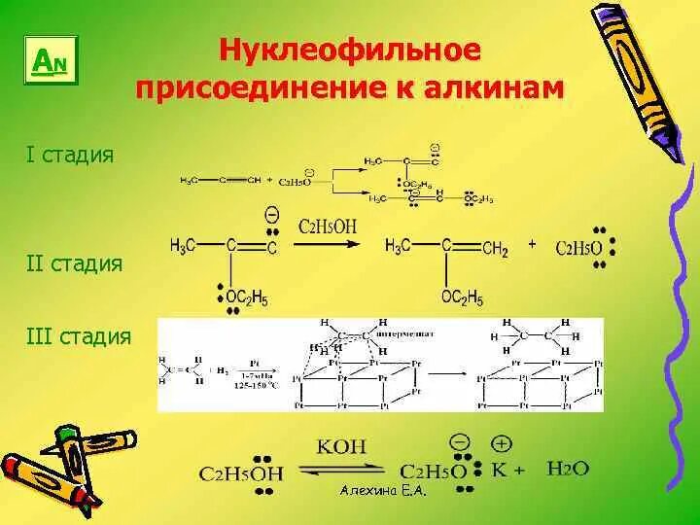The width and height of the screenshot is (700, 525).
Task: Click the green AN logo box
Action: (49, 62)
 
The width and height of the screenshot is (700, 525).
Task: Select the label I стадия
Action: (71, 155)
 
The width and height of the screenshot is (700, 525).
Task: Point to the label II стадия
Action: (76, 263)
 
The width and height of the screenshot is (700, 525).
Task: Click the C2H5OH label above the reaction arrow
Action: (328, 227)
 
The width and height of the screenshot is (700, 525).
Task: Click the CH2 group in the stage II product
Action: (493, 249)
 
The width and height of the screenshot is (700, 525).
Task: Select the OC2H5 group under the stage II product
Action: (462, 297)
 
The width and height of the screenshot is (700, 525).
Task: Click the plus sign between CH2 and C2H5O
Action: (532, 245)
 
